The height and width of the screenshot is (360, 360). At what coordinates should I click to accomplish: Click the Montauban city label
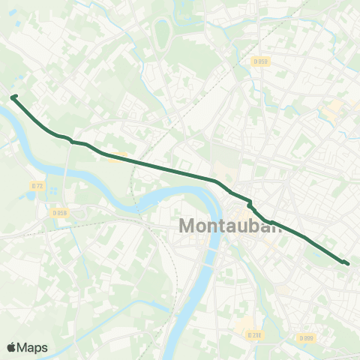click(x=230, y=226)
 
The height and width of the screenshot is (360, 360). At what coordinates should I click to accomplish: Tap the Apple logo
click(x=13, y=347)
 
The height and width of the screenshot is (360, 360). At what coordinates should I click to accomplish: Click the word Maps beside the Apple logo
click(x=33, y=347)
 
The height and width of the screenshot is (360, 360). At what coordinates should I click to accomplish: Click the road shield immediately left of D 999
click(x=255, y=335)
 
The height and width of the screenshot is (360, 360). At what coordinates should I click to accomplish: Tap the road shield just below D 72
click(x=60, y=213)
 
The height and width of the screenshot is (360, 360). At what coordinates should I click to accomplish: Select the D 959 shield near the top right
click(x=260, y=61)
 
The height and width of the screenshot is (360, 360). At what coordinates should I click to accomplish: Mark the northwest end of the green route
click(x=13, y=96)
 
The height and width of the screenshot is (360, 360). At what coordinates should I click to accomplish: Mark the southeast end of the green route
click(x=347, y=263)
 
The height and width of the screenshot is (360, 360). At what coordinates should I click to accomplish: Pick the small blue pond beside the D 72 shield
click(x=30, y=196)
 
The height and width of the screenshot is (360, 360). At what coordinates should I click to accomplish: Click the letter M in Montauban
click(x=189, y=226)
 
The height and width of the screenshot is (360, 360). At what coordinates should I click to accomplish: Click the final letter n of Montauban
click(x=277, y=226)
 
